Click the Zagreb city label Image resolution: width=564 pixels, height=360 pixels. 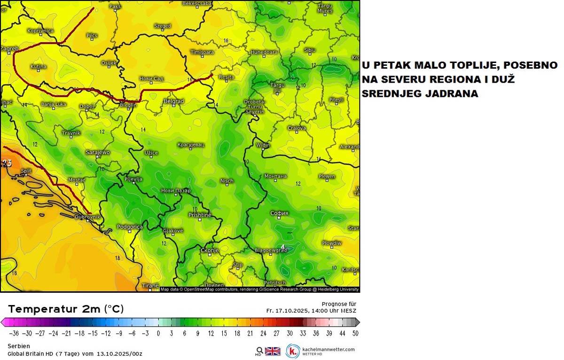[x=9, y=48]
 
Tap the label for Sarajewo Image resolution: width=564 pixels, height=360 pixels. [x=98, y=152]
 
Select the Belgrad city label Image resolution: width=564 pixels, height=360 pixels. [x=173, y=101]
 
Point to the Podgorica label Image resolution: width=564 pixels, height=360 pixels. [x=129, y=227]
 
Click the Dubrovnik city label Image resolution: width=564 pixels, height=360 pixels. [x=87, y=217]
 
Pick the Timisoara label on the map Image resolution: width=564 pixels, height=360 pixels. [x=202, y=52]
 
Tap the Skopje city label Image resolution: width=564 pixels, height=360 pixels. [x=210, y=250]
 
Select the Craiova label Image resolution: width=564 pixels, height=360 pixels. [x=297, y=128]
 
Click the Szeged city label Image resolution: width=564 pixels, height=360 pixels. [x=163, y=26]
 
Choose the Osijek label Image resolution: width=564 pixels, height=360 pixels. [x=109, y=63]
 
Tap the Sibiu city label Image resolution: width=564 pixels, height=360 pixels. [x=310, y=49]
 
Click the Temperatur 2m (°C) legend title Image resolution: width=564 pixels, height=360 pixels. [x=66, y=309]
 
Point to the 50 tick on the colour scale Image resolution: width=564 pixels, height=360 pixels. [x=355, y=333]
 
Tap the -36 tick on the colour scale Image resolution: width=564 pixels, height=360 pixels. [x=15, y=333]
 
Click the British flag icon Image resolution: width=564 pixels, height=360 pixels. [x=273, y=351]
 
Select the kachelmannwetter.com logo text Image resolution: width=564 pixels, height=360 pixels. [x=328, y=350]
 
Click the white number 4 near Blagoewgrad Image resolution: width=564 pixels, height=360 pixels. [x=282, y=246]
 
